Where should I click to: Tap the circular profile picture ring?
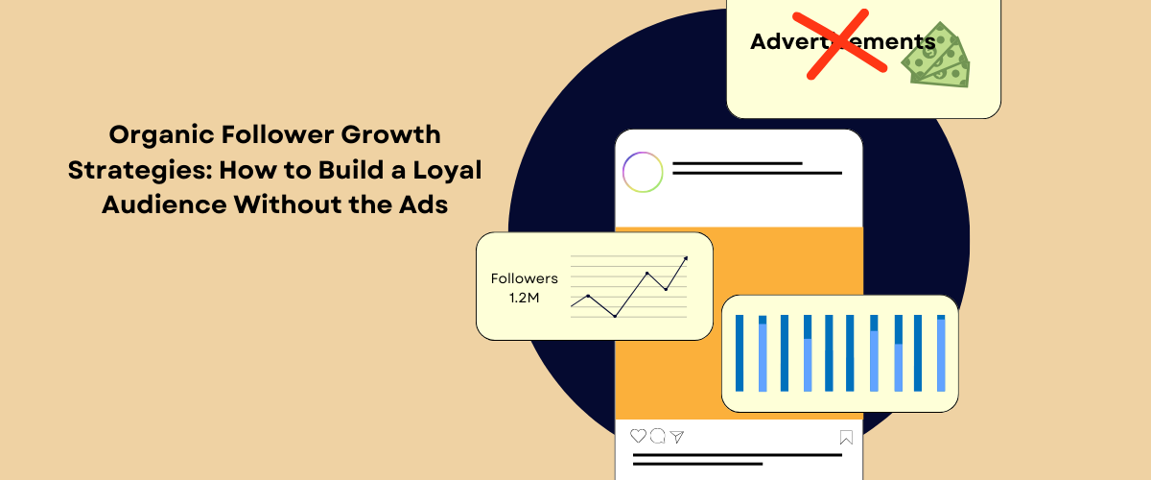pos(643,173)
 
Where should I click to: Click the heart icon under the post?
pos(638,437)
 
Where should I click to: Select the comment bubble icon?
pos(658,437)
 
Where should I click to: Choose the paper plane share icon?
pos(677,437)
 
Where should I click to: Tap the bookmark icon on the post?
pos(846,438)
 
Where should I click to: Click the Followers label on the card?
pos(524,278)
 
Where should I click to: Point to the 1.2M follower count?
pos(524,299)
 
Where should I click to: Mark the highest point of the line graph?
pos(686,257)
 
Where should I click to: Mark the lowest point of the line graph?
pos(615,316)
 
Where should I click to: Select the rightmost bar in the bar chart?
pos(941,352)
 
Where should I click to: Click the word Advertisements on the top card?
pos(841,41)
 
